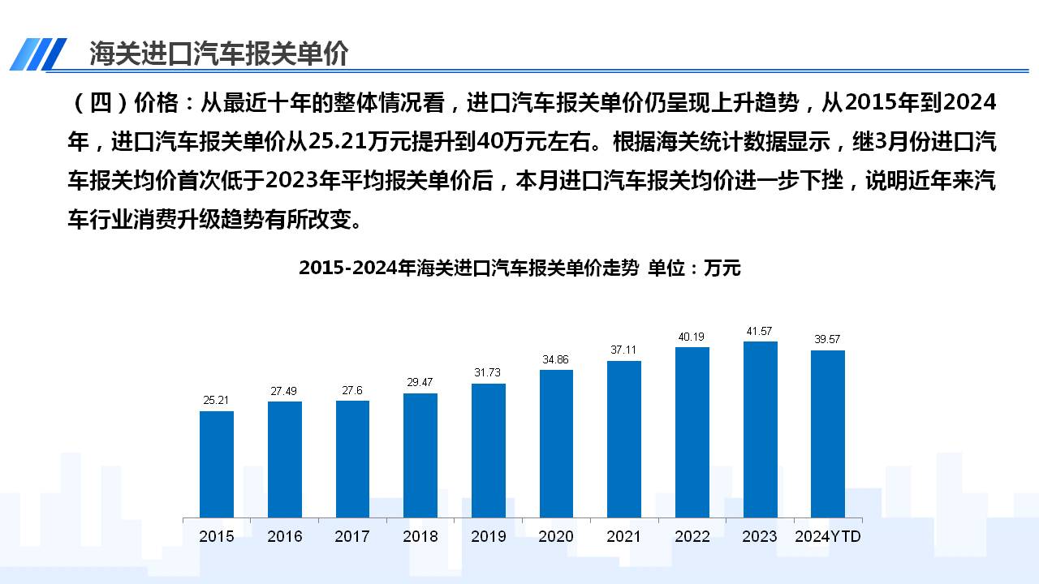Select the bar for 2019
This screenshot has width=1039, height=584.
click(x=489, y=450)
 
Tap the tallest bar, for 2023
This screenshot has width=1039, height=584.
click(x=761, y=429)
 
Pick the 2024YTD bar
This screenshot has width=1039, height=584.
click(x=827, y=434)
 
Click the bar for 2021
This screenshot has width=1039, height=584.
click(x=624, y=439)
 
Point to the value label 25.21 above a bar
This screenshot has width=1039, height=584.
click(x=217, y=400)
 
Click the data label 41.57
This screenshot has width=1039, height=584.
click(x=761, y=331)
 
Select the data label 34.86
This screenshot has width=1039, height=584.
click(x=556, y=359)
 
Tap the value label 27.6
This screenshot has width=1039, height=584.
click(x=352, y=390)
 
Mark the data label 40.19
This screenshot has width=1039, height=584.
click(x=692, y=337)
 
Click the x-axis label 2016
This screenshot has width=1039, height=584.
click(x=285, y=536)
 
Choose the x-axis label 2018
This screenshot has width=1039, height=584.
click(x=420, y=536)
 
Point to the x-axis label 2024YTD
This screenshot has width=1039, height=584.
click(x=828, y=536)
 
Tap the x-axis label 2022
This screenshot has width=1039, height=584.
click(x=692, y=536)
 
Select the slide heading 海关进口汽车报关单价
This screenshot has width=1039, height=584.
click(x=218, y=54)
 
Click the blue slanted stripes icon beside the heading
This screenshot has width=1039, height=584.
click(x=38, y=54)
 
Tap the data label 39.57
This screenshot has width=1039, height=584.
click(x=827, y=340)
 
